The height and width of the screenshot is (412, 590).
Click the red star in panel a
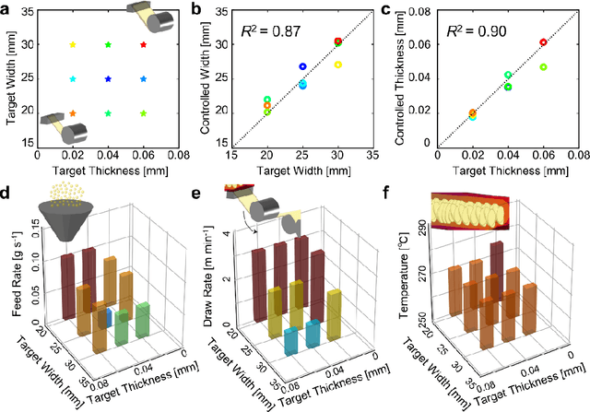click(x=143, y=44)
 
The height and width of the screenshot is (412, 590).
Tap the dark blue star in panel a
click(x=108, y=79)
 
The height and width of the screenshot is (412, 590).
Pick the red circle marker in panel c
click(x=543, y=42)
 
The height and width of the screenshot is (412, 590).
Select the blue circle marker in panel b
click(x=302, y=66)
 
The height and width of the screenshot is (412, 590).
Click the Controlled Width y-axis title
click(x=213, y=79)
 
